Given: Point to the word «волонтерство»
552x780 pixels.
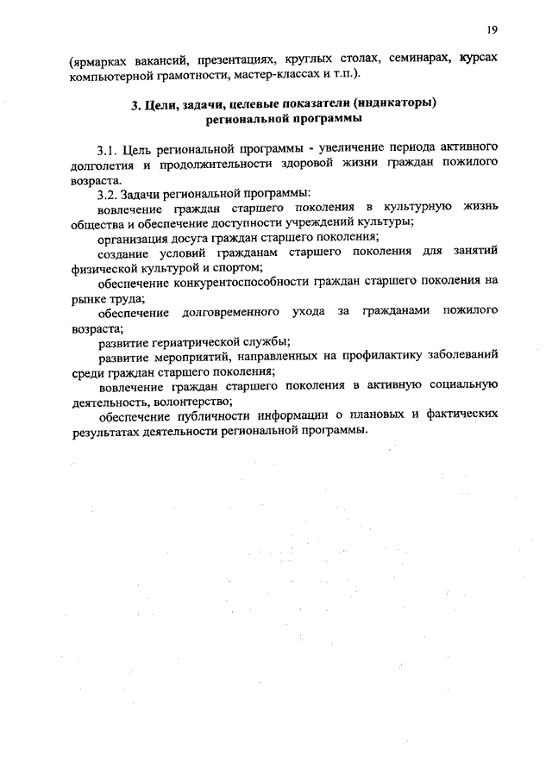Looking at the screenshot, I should [x=192, y=401].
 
